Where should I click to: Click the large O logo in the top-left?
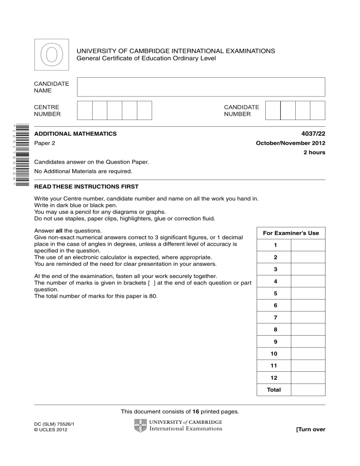[x=51, y=56]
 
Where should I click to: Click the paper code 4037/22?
[x=312, y=134]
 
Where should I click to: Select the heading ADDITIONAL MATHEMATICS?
[x=75, y=134]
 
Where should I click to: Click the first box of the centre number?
[x=84, y=111]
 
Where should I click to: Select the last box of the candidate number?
[x=317, y=111]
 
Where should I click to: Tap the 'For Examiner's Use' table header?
[x=291, y=233]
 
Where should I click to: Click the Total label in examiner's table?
[x=274, y=390]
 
